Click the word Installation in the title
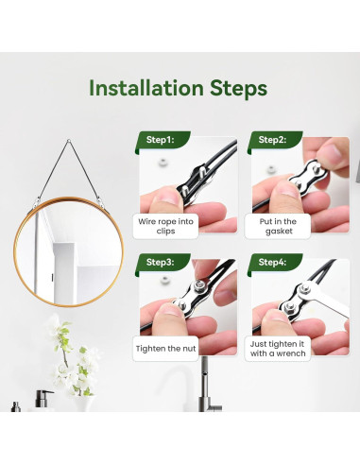pos(146,88)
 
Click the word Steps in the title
pos(238,89)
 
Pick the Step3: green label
pos(163,264)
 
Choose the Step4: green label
pos(275,264)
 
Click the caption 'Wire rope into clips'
pos(165,226)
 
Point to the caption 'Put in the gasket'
pos(278,226)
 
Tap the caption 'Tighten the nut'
pos(165,349)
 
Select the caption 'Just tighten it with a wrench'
pos(278,349)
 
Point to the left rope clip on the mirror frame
pos(37,202)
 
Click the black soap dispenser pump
pos(43,399)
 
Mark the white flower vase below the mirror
pos(84,404)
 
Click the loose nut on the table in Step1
pos(163,163)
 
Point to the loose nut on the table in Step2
pos(270,170)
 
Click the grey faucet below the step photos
pos(207,387)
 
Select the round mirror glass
pos(69,251)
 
